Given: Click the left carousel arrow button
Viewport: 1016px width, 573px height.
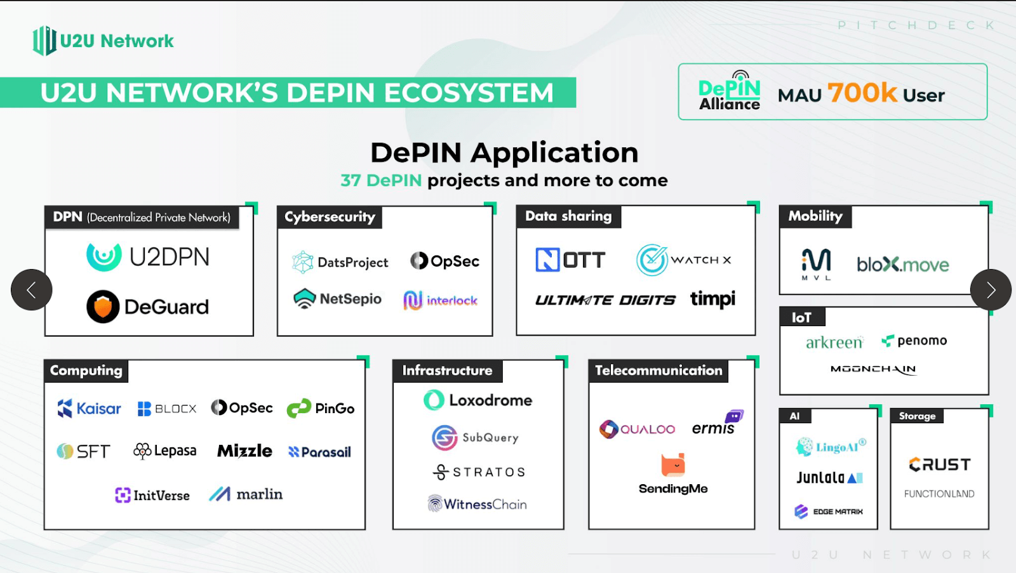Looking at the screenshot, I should [x=31, y=290].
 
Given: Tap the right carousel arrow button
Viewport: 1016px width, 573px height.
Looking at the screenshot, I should [x=991, y=290].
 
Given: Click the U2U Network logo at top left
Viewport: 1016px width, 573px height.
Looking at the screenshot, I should [x=104, y=41].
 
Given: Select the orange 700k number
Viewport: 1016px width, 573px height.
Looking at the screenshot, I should [x=862, y=93].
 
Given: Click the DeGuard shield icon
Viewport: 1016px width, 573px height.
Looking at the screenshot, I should [x=103, y=306].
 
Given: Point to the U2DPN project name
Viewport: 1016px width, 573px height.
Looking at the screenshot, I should [x=169, y=257].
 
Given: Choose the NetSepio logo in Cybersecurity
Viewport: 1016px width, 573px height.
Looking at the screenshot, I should [x=337, y=298].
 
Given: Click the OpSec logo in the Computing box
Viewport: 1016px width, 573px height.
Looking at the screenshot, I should [x=242, y=407].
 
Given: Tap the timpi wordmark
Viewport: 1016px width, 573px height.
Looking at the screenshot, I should [x=712, y=299].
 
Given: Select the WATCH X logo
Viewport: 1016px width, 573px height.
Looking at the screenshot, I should [x=684, y=260].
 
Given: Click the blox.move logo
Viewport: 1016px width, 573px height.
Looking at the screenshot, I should [x=902, y=264].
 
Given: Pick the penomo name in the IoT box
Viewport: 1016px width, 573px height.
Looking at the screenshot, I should [x=921, y=341].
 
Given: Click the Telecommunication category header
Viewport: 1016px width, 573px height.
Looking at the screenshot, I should [x=658, y=371].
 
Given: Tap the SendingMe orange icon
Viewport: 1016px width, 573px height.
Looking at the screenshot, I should [x=673, y=465].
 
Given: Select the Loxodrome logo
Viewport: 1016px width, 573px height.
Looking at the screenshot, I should [x=478, y=400].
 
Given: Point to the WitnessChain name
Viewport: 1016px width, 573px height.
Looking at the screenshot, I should [x=485, y=504].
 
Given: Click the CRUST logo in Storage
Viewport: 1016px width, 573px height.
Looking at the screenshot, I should [x=940, y=464].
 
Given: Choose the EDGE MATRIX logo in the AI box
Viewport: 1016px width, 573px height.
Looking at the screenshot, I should [x=829, y=511].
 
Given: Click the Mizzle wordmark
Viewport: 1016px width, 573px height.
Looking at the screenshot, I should [x=244, y=451].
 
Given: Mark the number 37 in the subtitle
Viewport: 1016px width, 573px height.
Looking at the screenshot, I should [x=351, y=181].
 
